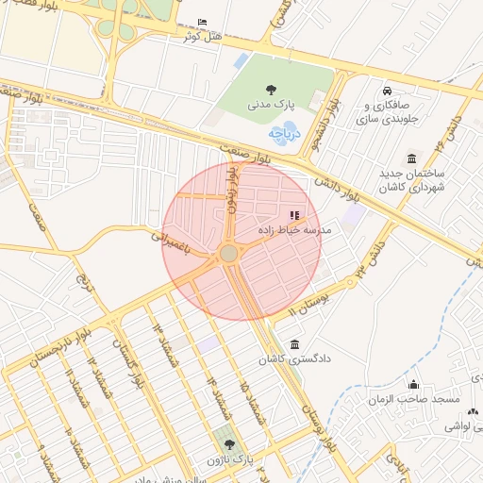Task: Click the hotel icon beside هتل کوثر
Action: (x=202, y=23)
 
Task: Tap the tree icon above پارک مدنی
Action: (x=271, y=91)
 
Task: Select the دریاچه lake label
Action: (x=283, y=134)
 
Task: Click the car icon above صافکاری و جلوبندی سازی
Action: (x=388, y=91)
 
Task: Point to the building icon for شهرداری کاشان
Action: (x=411, y=158)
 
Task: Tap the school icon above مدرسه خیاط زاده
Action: (x=294, y=215)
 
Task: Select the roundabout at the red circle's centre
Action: (x=229, y=254)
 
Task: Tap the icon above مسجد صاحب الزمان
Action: (x=413, y=385)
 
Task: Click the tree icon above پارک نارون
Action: (x=226, y=444)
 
